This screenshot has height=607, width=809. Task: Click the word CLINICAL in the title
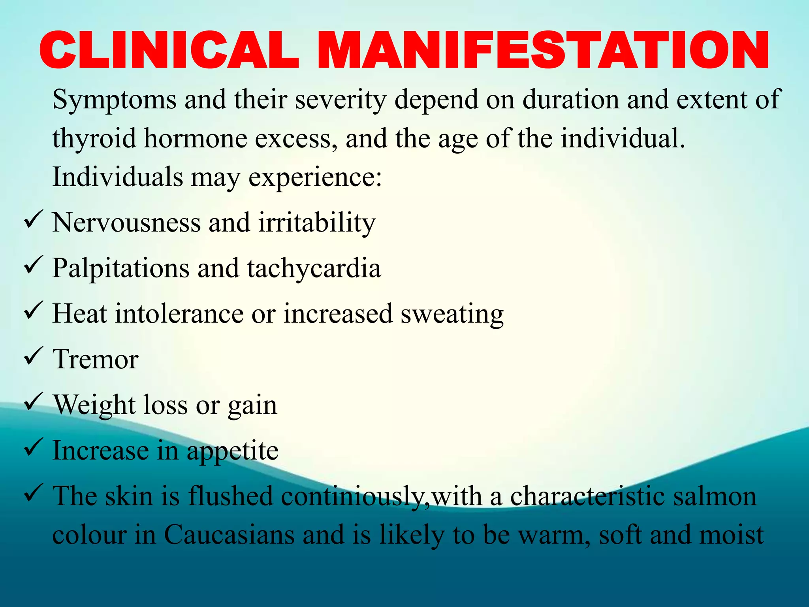(x=169, y=51)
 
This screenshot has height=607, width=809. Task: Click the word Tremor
(x=96, y=359)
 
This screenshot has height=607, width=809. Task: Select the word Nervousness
(x=126, y=222)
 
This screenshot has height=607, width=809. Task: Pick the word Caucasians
(x=229, y=535)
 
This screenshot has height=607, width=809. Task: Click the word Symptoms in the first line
(x=114, y=100)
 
